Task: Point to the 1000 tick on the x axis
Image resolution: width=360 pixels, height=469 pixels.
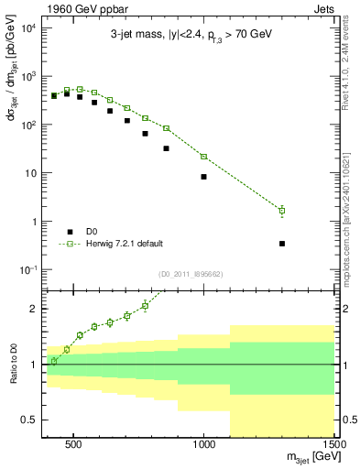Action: pyautogui.click(x=204, y=442)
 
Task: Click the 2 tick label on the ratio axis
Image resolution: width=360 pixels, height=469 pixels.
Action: pyautogui.click(x=35, y=309)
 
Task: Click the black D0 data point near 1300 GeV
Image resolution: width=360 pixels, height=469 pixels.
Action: pyautogui.click(x=282, y=244)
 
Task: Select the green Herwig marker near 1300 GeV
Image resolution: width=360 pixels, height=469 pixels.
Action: pyautogui.click(x=282, y=211)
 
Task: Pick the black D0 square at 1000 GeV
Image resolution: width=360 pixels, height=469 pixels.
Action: pyautogui.click(x=203, y=177)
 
